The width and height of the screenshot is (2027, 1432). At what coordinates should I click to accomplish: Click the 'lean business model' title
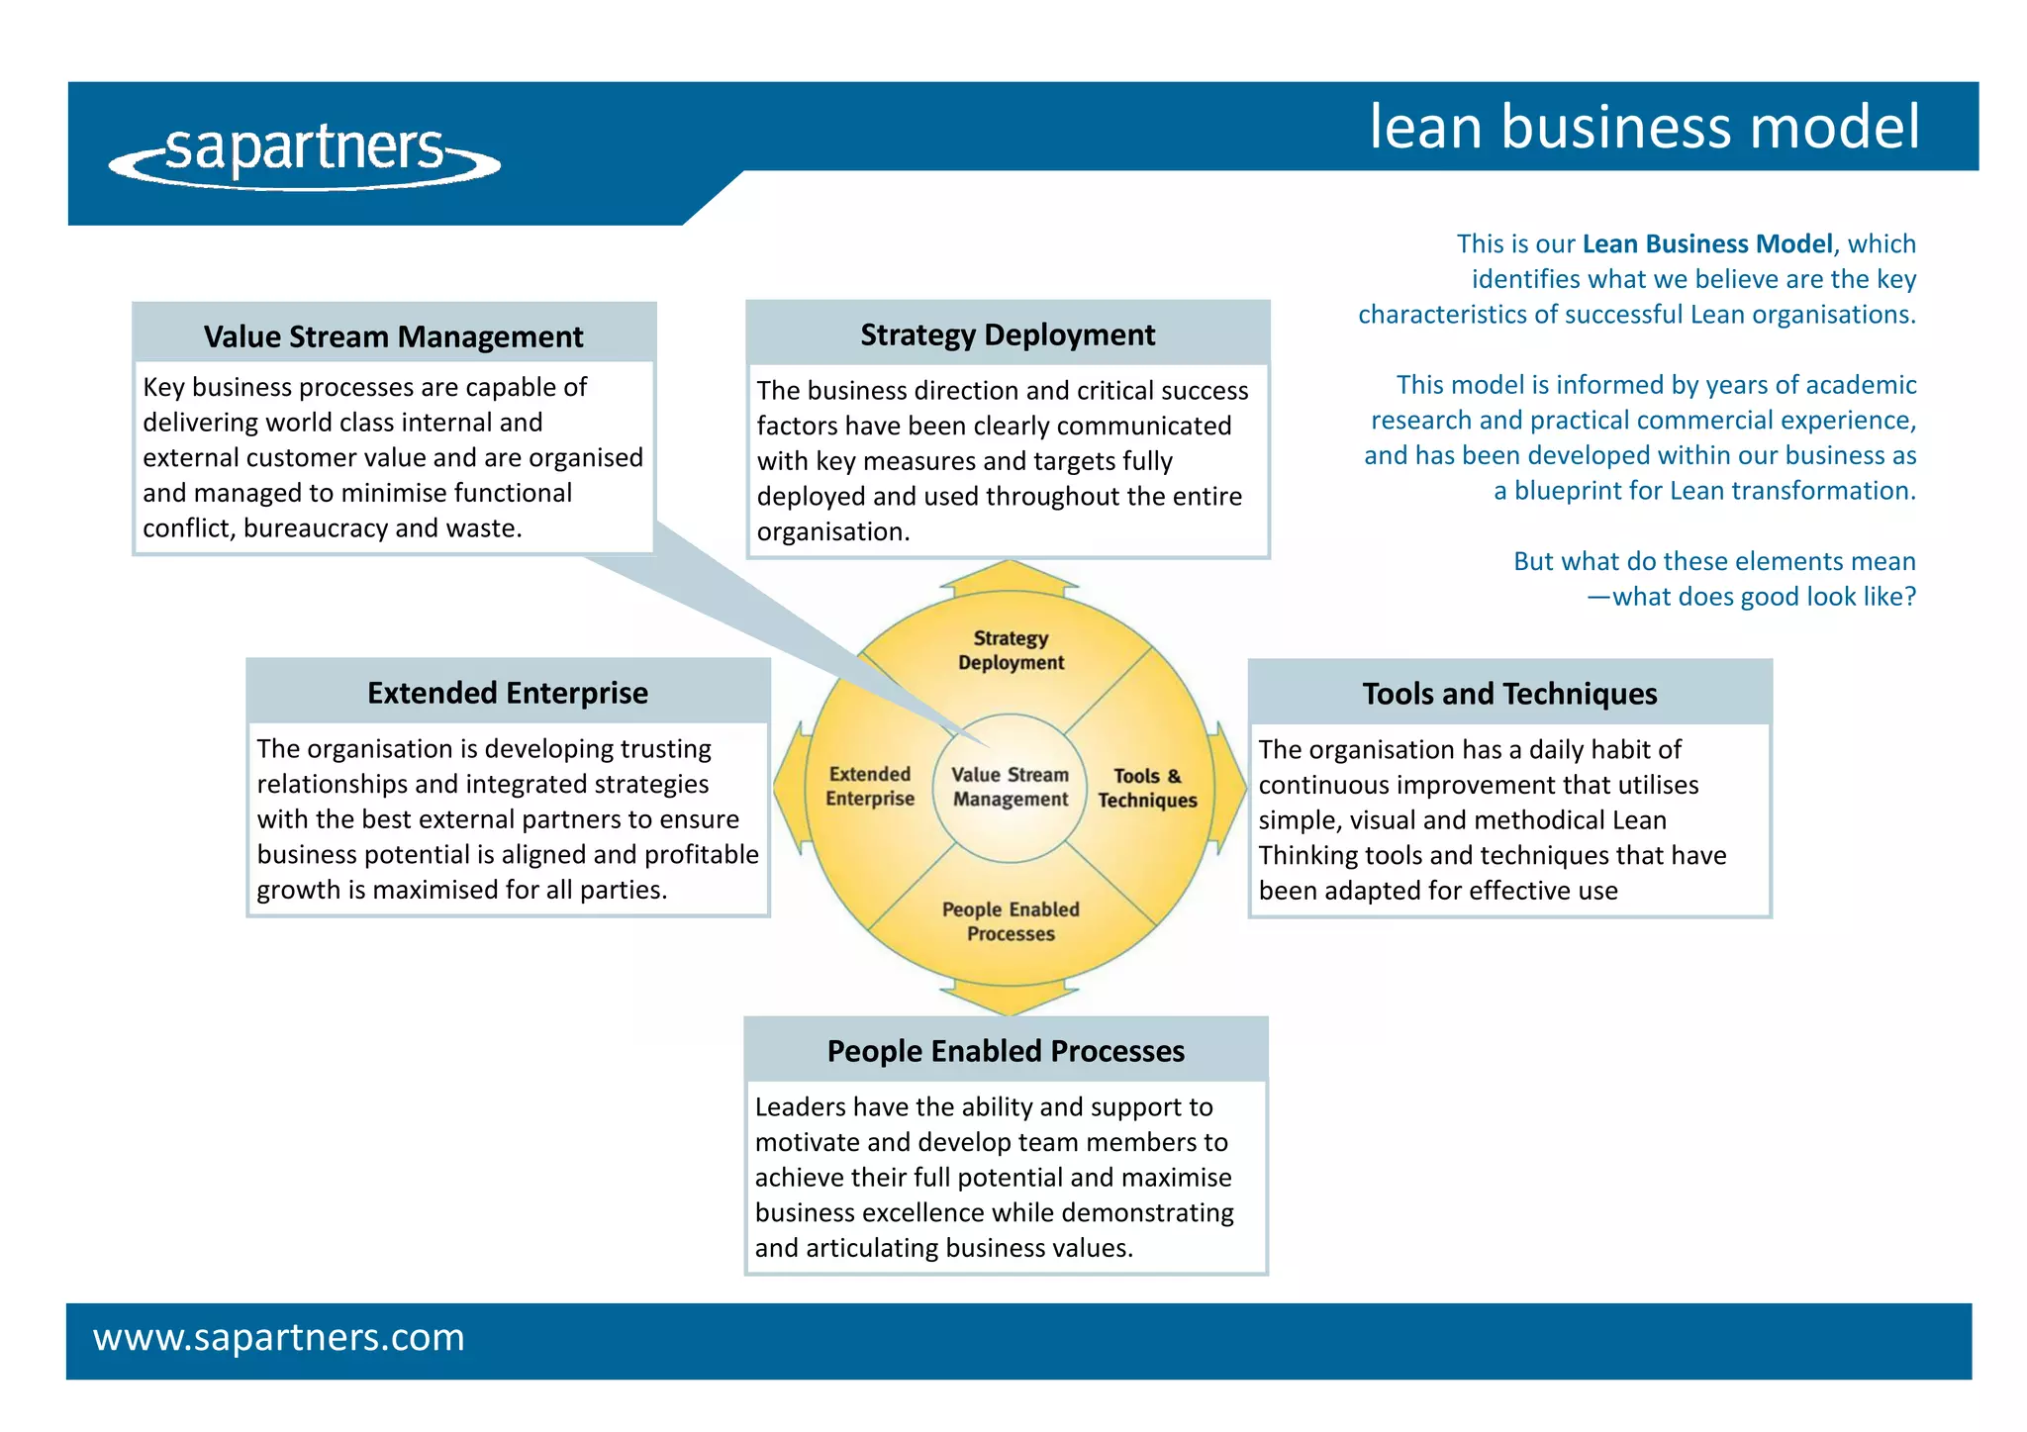1644,127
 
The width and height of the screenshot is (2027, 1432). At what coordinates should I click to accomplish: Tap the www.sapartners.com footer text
278,1338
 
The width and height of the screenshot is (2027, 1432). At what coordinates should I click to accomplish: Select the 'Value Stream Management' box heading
393,336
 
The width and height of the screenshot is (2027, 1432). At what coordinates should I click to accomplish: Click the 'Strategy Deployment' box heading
1008,334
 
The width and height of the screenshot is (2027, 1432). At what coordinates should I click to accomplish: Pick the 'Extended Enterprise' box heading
507,693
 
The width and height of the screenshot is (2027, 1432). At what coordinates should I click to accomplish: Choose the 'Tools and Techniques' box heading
1509,694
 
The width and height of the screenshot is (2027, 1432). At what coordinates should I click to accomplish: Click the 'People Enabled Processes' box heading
1006,1051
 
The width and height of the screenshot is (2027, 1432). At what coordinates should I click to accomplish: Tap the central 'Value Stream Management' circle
1010,788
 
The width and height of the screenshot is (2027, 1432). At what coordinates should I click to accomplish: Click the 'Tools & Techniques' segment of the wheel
1147,788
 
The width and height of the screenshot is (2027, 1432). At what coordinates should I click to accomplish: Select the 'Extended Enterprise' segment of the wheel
870,786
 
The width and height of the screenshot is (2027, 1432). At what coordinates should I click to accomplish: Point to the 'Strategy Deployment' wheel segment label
1011,650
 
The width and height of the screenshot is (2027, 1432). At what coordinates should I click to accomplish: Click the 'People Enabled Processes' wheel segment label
1011,921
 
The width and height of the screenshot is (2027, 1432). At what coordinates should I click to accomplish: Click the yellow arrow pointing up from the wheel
1009,578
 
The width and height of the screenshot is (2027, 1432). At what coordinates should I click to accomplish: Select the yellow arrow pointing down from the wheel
1009,998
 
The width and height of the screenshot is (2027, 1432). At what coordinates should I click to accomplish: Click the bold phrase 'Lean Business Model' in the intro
1707,243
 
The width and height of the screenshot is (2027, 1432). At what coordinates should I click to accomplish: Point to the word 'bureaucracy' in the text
315,528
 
